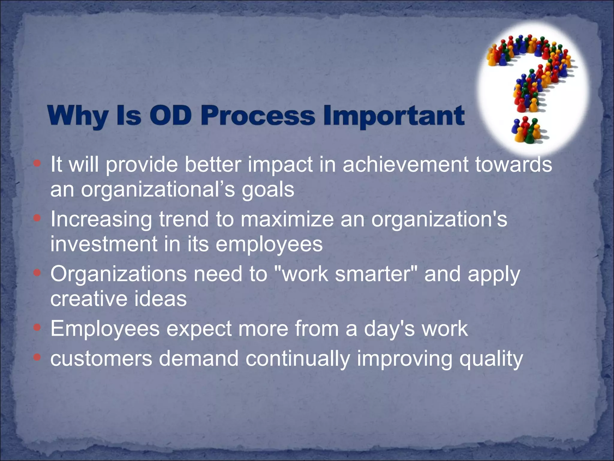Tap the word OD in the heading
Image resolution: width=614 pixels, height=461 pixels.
[170, 116]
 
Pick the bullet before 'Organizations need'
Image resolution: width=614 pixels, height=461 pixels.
[37, 273]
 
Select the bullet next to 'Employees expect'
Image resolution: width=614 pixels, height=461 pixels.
[37, 327]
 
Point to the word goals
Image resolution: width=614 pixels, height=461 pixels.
[268, 190]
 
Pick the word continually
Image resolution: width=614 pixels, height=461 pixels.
[298, 359]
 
